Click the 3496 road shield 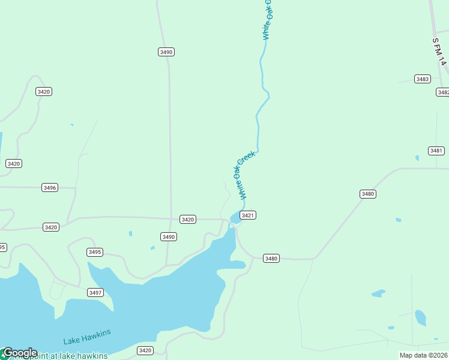(x=50, y=188)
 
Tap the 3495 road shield (x=95, y=252)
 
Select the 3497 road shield (x=95, y=292)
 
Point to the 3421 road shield (x=248, y=215)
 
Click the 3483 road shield (x=422, y=79)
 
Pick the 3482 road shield (x=443, y=92)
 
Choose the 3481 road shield (x=436, y=151)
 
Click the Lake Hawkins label (x=87, y=335)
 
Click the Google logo (x=19, y=353)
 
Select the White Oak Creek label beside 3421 (x=247, y=175)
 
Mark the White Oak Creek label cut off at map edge (x=267, y=20)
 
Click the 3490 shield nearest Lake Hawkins (x=169, y=237)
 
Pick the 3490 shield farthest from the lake (x=166, y=52)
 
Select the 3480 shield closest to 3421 (x=271, y=258)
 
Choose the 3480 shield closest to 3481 (x=368, y=194)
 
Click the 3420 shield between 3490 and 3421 (x=188, y=220)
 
